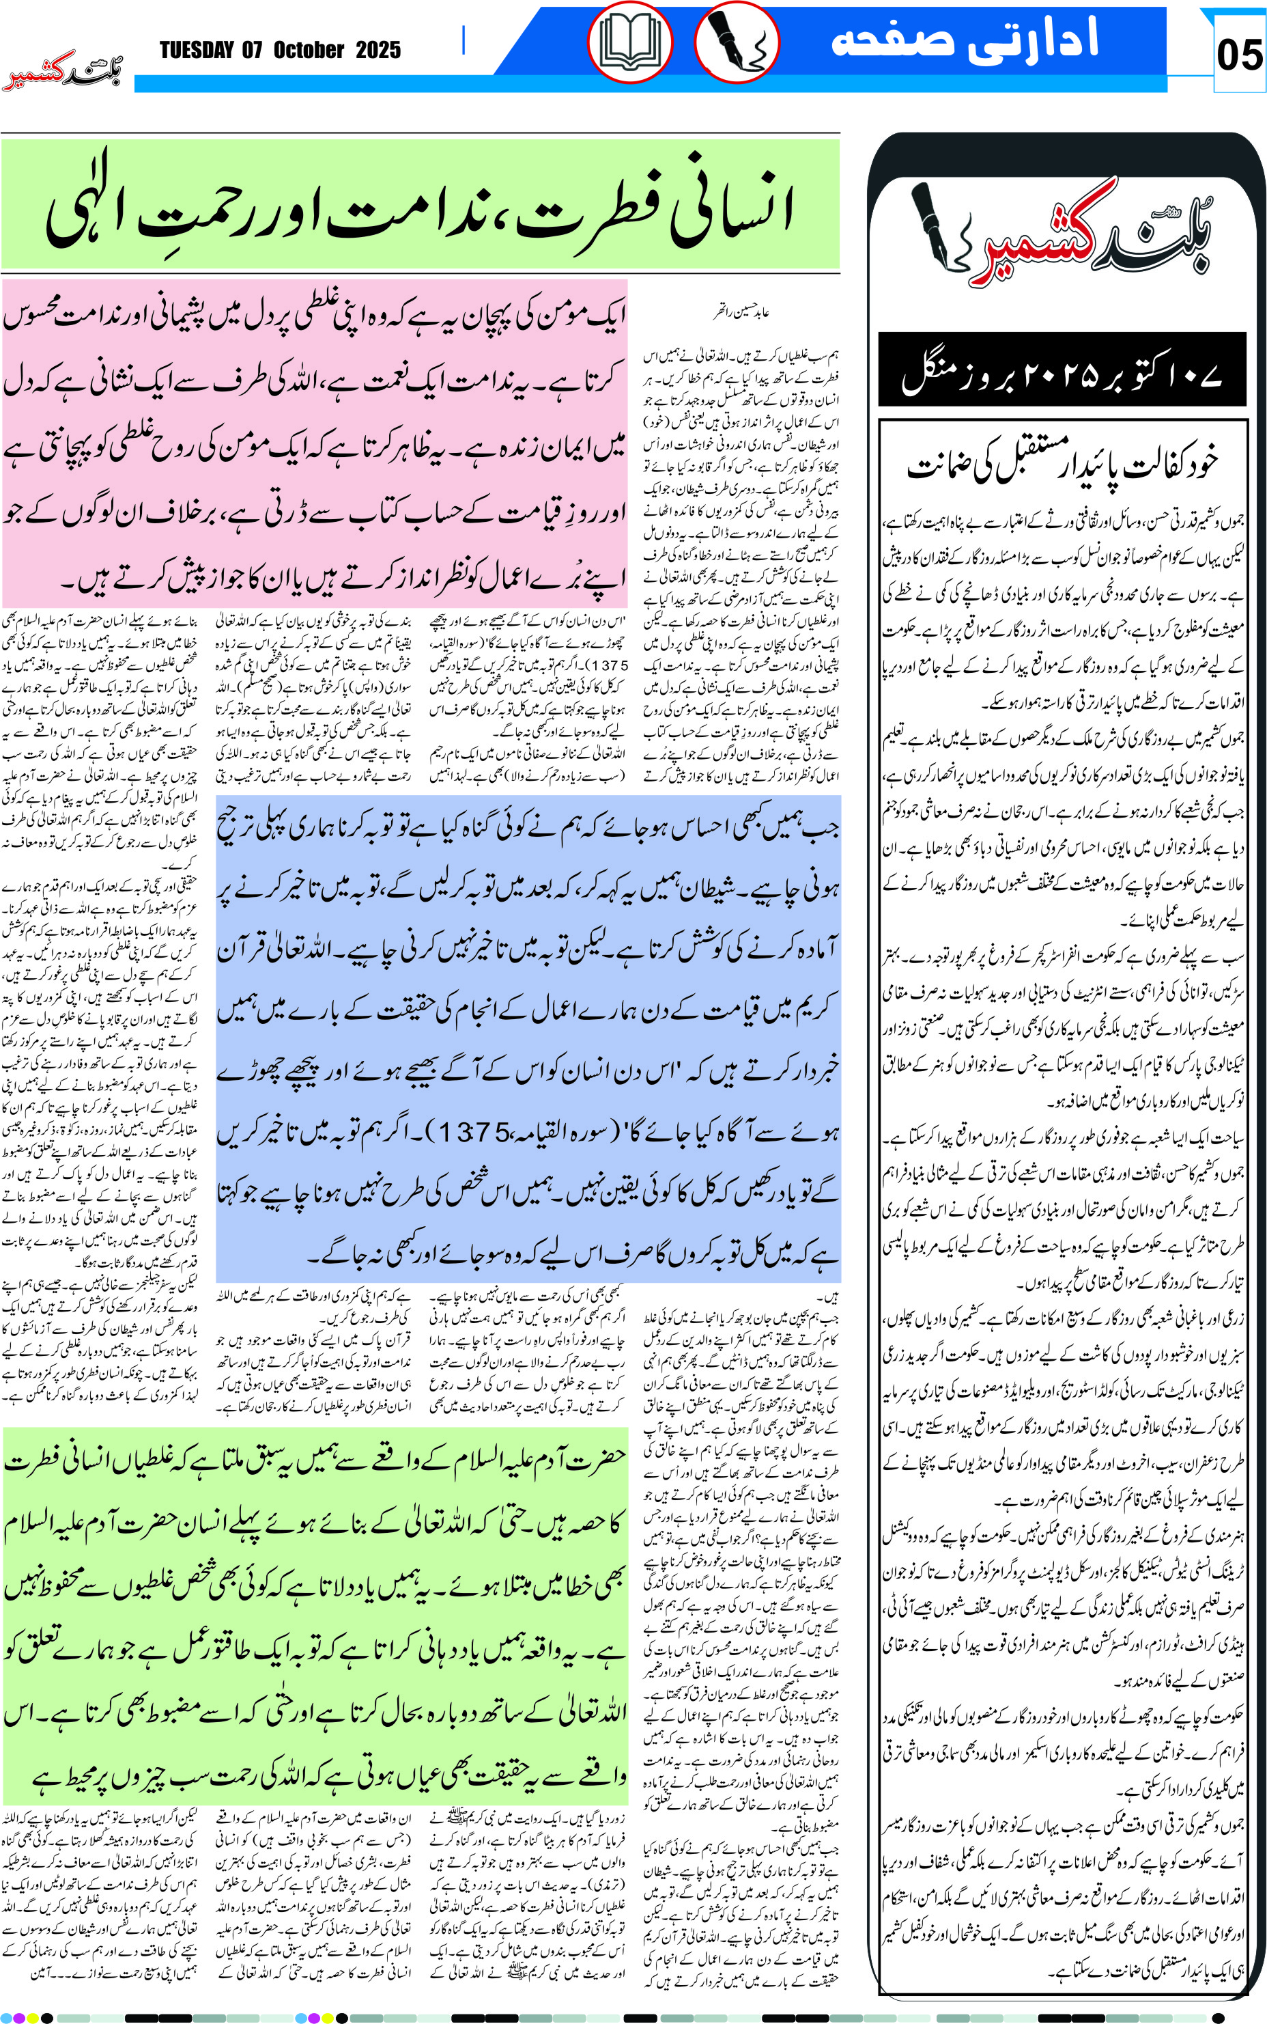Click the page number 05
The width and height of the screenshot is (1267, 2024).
pyautogui.click(x=1238, y=55)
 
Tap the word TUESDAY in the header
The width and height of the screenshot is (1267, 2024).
pyautogui.click(x=196, y=51)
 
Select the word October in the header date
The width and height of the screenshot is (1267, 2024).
pyautogui.click(x=309, y=51)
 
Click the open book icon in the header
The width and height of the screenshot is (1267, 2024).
pyautogui.click(x=629, y=44)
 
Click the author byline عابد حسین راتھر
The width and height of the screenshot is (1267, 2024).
pyautogui.click(x=741, y=313)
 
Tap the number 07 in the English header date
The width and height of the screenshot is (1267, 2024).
pyautogui.click(x=252, y=51)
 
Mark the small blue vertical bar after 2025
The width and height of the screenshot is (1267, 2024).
pyautogui.click(x=464, y=40)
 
